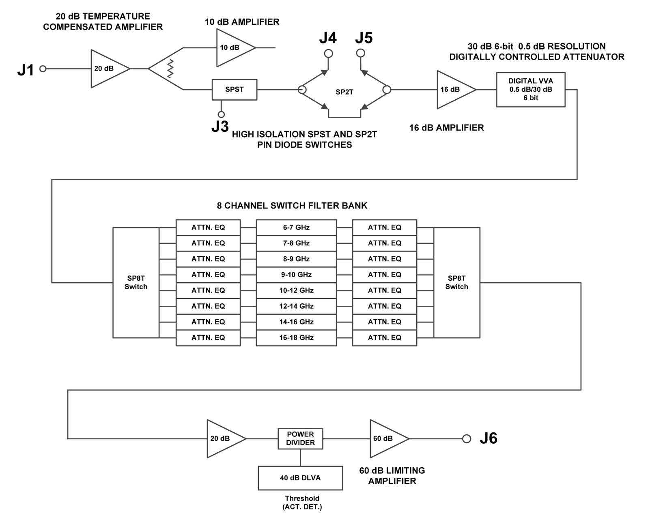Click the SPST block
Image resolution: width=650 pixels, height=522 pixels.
pos(234,90)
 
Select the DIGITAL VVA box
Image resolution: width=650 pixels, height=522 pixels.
pos(530,89)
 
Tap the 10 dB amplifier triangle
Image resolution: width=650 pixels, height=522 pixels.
pos(232,48)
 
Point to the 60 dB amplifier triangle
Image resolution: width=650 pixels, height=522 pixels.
pos(385,438)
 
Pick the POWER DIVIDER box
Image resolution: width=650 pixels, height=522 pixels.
pos(300,438)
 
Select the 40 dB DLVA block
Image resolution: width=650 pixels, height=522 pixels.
pos(300,478)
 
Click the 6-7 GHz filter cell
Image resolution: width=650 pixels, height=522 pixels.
pos(296,228)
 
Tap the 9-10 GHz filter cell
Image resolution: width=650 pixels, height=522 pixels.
pos(296,275)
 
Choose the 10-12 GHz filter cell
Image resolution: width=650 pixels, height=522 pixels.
pos(296,290)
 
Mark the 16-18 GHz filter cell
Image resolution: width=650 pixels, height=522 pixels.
pos(296,337)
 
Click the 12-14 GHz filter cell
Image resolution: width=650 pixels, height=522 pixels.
pos(296,306)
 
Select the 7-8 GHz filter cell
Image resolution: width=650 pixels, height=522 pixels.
pos(296,243)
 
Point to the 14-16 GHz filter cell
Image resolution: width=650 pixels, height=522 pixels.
pos(296,322)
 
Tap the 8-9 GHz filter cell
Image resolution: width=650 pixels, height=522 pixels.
pos(296,259)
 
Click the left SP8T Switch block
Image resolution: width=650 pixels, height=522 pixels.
pos(136,282)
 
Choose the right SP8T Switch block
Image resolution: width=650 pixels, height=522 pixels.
pos(456,282)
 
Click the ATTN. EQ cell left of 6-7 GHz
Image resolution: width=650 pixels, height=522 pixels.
pos(208,228)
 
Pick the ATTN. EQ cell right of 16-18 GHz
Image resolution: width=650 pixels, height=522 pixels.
pos(384,337)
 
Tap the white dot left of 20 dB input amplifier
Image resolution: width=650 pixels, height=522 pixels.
pos(43,69)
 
